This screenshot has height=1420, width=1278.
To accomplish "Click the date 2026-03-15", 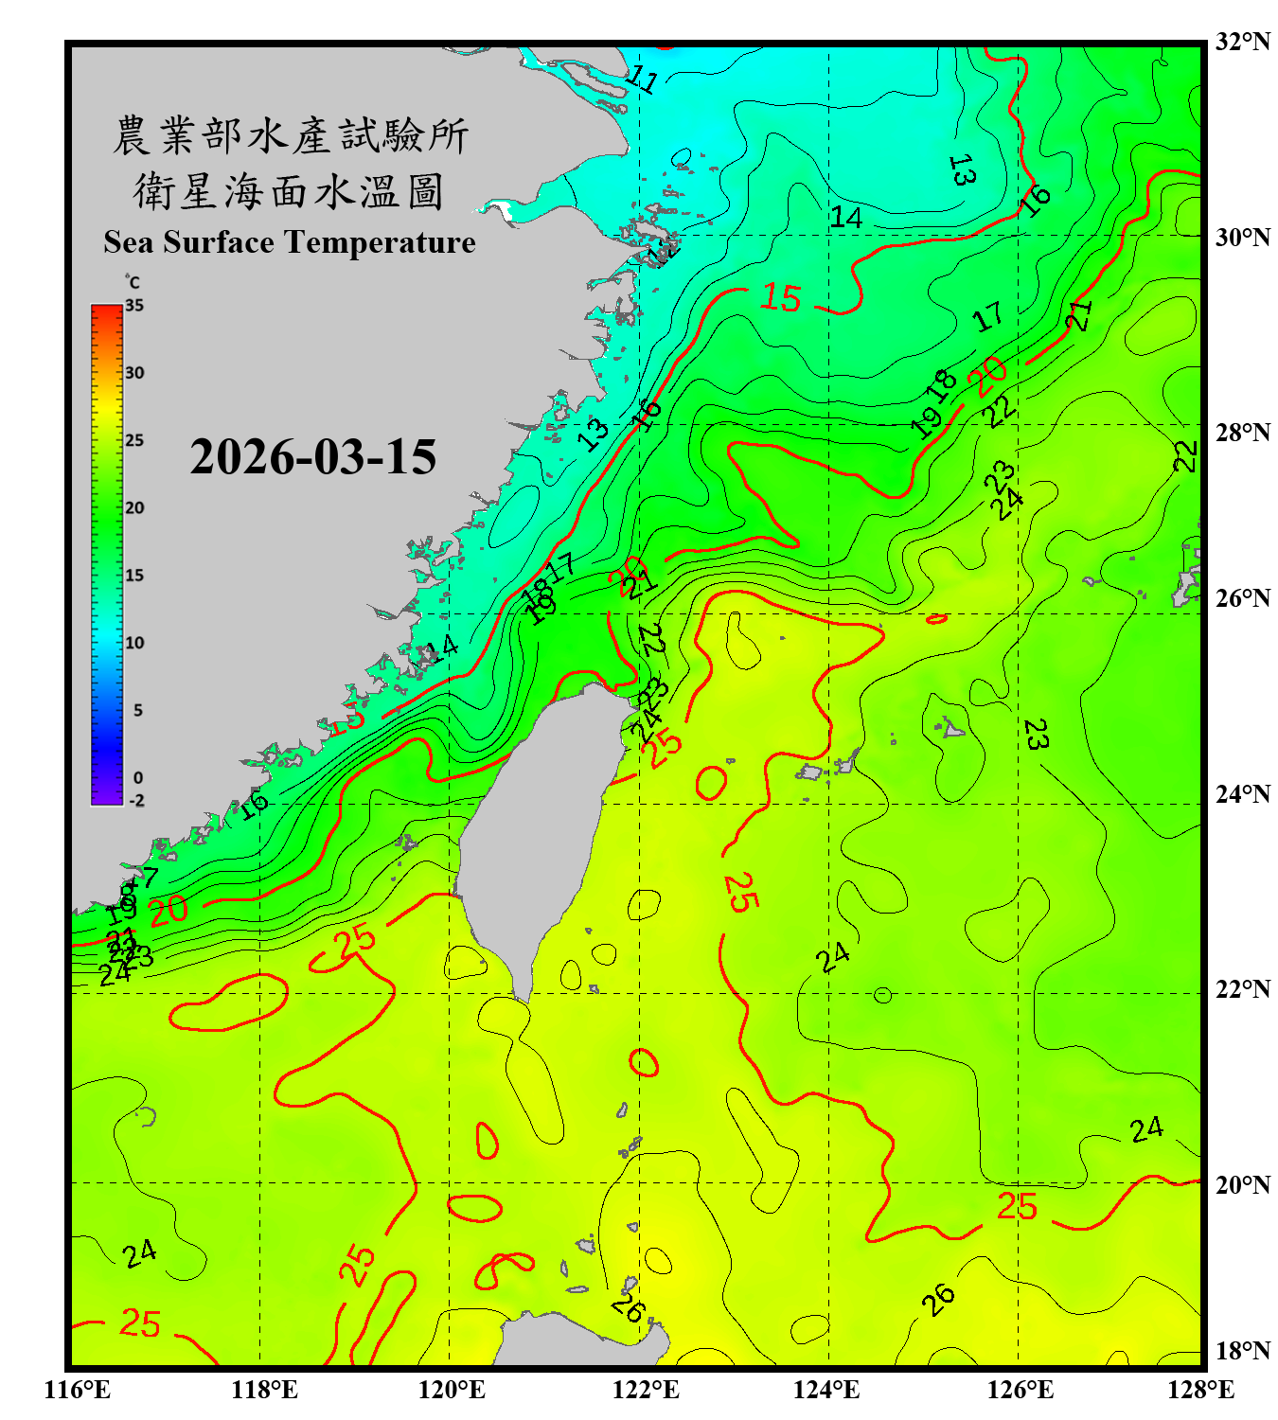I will click(x=312, y=457).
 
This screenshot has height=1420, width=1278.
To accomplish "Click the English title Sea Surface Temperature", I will click(x=289, y=242).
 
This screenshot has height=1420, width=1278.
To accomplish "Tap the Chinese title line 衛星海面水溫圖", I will click(x=289, y=192).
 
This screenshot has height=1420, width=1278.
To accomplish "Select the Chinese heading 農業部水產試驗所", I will click(x=290, y=136).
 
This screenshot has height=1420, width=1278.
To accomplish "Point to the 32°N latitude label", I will click(x=1242, y=41).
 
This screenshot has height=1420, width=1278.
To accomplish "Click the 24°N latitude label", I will click(x=1242, y=793).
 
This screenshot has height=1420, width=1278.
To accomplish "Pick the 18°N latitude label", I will click(x=1242, y=1350).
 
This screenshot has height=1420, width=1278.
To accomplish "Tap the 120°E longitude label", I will click(x=452, y=1390).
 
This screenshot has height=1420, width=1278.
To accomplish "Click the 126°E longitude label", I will click(x=1020, y=1390).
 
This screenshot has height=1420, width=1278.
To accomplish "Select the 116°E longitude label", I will click(x=78, y=1390).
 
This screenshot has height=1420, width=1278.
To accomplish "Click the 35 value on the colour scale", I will click(x=134, y=306).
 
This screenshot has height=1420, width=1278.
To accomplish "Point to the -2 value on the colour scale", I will click(x=136, y=800).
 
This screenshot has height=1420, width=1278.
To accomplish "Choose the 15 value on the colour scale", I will click(x=134, y=576).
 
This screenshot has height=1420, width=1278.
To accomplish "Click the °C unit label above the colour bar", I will click(x=132, y=282).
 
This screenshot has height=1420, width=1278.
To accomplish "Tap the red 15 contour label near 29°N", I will click(x=781, y=298).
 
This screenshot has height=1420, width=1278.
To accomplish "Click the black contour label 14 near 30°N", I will click(x=845, y=218).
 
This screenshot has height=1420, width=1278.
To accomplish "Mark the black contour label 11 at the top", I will click(x=643, y=80).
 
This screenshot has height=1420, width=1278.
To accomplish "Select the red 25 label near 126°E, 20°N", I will click(x=1017, y=1207).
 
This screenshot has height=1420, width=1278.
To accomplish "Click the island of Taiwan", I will click(x=535, y=833).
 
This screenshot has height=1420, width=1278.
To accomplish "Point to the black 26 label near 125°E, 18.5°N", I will click(x=938, y=1299).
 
